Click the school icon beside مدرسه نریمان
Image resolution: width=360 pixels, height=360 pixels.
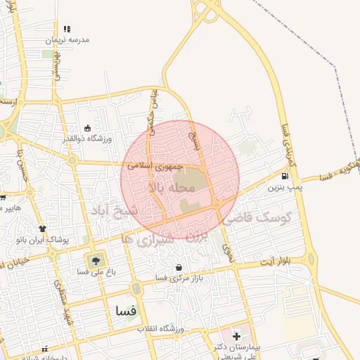(x=67, y=29)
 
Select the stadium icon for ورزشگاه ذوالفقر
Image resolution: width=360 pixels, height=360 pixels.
(x=87, y=128)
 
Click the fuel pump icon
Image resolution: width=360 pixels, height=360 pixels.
(x=284, y=176)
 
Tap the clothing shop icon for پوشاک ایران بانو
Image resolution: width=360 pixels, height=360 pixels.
(x=43, y=228)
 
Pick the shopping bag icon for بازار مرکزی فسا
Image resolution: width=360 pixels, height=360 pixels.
(x=179, y=267)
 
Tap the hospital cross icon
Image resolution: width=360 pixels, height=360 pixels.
(x=236, y=335)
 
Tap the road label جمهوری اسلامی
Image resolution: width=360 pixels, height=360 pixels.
(x=155, y=166)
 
